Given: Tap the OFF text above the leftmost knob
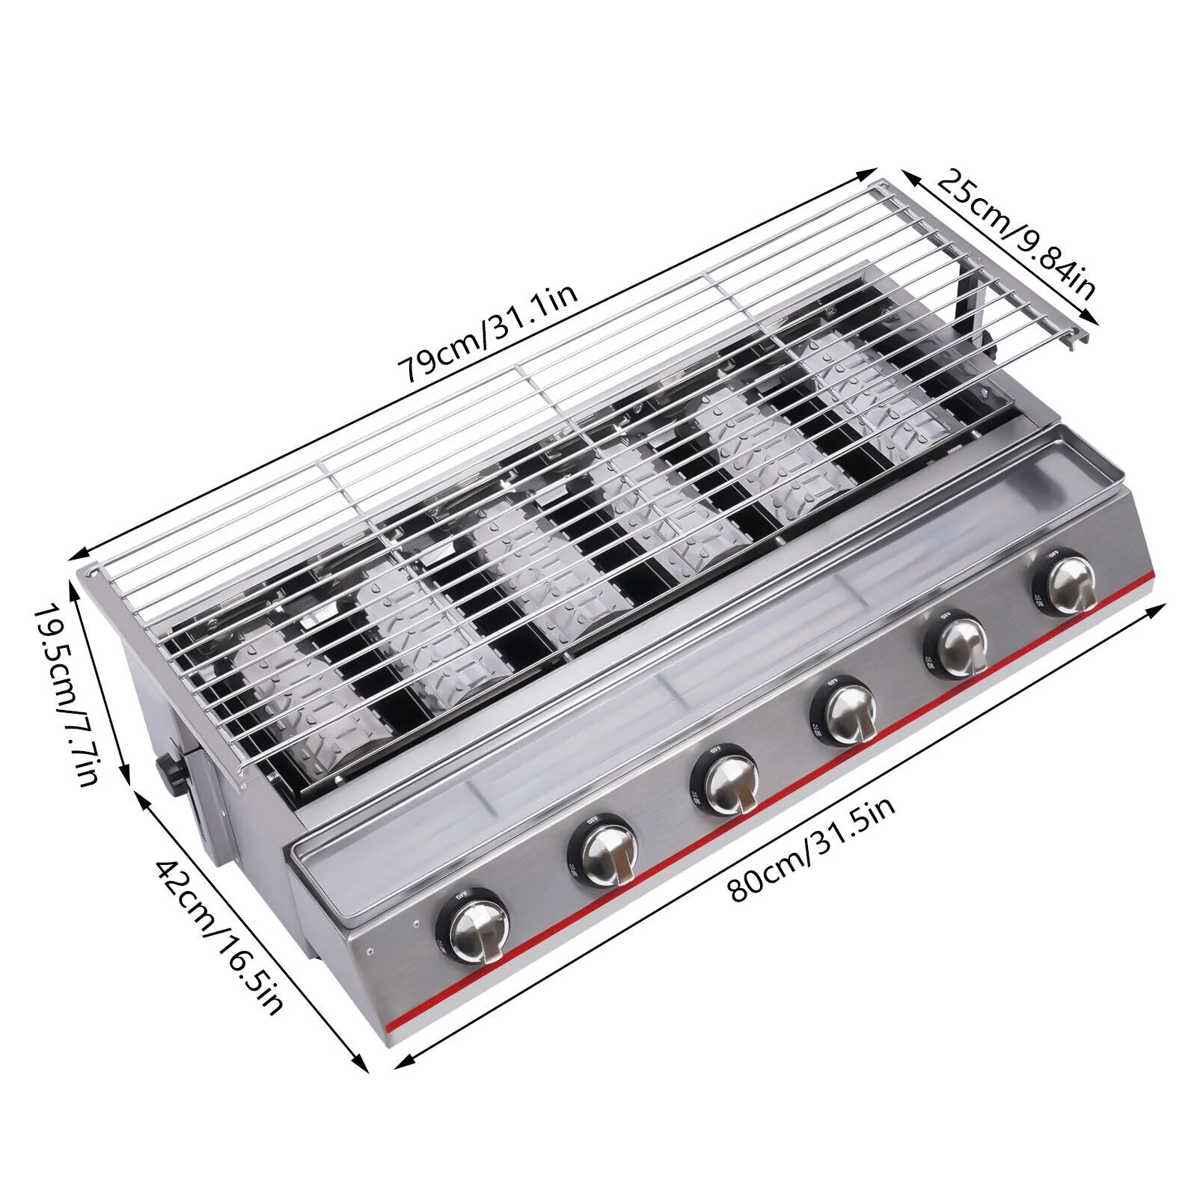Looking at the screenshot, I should [x=462, y=894].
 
